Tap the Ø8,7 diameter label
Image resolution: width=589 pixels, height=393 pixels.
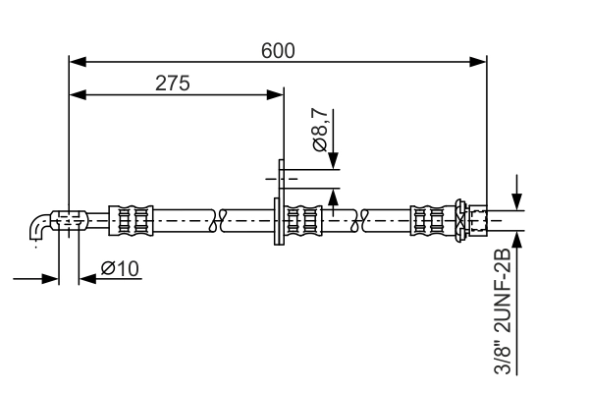pyautogui.click(x=321, y=130)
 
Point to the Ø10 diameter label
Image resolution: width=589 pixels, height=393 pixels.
pyautogui.click(x=120, y=267)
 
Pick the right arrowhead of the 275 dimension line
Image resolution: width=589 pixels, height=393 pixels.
pyautogui.click(x=276, y=95)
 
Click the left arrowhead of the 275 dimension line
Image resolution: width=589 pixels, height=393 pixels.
pyautogui.click(x=76, y=95)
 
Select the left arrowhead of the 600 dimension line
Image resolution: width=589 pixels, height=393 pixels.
pyautogui.click(x=76, y=62)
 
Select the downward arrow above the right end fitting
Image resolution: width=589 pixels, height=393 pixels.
pyautogui.click(x=517, y=195)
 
